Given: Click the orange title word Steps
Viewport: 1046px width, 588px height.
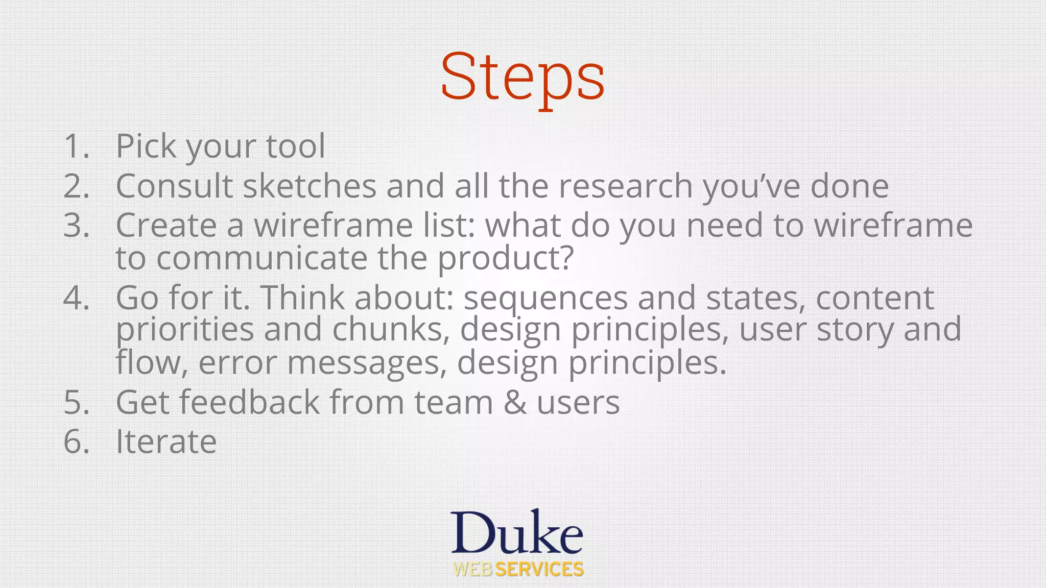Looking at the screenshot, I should tap(522, 78).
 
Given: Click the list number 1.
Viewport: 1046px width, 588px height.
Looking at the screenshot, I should tap(76, 146).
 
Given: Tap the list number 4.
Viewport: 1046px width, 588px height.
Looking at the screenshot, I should tap(76, 298).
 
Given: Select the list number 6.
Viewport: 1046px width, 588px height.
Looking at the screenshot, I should tap(76, 442).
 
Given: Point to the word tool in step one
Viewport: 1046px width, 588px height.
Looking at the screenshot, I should tap(295, 146).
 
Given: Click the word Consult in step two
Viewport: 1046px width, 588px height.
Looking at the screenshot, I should tap(174, 186).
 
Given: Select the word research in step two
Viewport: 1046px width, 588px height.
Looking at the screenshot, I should tap(625, 186).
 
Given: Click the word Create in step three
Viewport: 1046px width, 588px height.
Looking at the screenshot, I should tap(167, 225).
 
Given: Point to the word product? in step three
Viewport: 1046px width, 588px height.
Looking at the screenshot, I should tap(506, 258).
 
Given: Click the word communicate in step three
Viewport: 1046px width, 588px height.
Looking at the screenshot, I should tap(261, 258).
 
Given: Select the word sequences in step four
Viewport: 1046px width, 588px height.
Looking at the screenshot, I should tap(545, 298).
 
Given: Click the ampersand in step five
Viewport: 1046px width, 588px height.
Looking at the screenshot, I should tap(514, 402).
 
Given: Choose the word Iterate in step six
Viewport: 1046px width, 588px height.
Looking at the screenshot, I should tap(166, 442).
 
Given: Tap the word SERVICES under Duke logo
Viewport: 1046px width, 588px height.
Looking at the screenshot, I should tap(539, 570).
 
